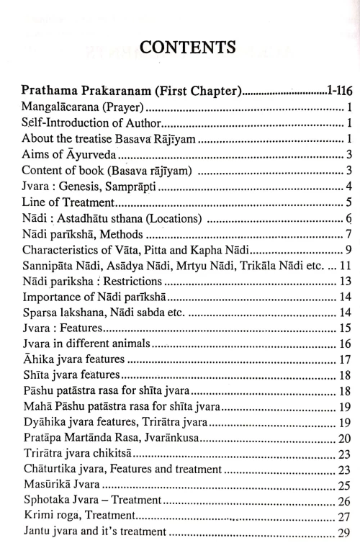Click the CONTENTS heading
tap(180, 48)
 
